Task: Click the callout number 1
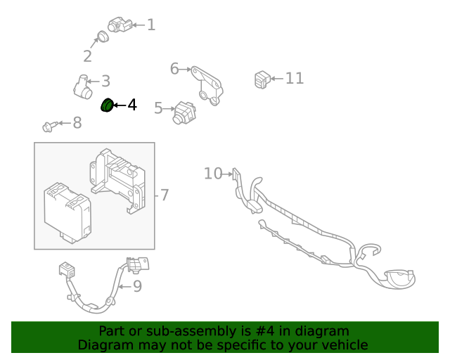click(150, 25)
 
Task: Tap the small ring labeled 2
click(103, 37)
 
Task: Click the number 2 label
click(88, 56)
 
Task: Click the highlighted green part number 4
click(108, 105)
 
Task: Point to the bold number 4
click(131, 105)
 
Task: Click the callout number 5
click(158, 108)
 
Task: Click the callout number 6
click(174, 68)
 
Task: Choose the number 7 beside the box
click(165, 195)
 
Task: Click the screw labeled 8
click(49, 127)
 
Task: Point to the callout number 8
click(77, 123)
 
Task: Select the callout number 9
click(137, 285)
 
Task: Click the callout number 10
click(212, 173)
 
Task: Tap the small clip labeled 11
click(262, 79)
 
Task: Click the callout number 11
click(294, 78)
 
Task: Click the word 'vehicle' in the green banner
click(342, 345)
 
